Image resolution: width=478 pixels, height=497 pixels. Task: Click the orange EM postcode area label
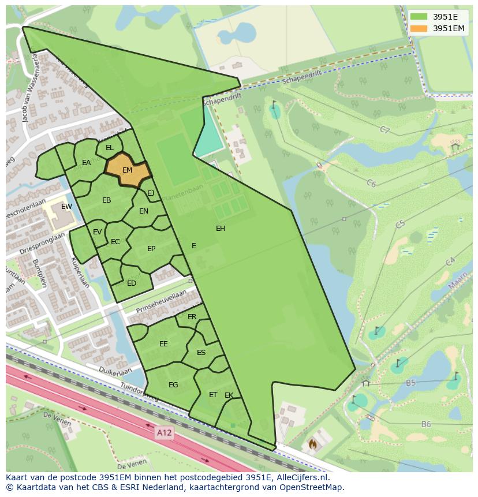coord(128,170)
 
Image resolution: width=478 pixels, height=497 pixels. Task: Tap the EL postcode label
coord(110,148)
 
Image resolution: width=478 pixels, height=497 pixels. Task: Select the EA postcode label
coord(86,163)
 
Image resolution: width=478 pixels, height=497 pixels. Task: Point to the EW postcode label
coord(66,207)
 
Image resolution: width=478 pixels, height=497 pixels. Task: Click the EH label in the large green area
coord(221,229)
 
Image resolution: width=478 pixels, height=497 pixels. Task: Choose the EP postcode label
coord(151,249)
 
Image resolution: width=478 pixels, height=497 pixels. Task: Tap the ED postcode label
coord(132,283)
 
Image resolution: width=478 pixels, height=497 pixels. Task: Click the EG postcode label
coord(173,385)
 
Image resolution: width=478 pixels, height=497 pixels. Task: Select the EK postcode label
coord(229,395)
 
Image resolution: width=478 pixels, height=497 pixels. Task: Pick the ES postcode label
coord(201,353)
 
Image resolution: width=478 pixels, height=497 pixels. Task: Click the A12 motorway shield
coord(164,431)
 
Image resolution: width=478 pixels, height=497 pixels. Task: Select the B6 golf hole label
coord(426,424)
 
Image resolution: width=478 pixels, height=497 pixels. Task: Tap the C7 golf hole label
coord(385,130)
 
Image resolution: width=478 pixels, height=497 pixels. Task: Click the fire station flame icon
coord(312,444)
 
